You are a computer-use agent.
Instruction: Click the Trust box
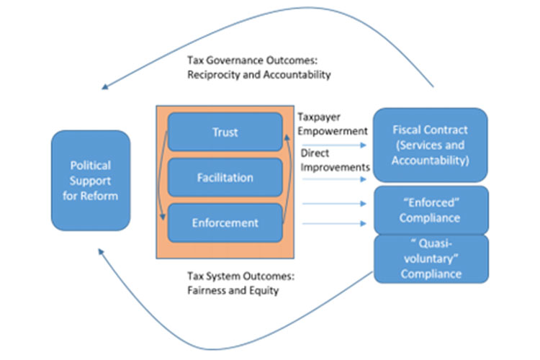pos(225,132)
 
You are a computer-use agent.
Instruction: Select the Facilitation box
pos(225,177)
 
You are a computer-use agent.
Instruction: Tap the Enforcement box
pos(225,222)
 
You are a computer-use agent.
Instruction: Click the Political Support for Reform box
pos(90,180)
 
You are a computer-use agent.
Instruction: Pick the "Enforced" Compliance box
pos(431,209)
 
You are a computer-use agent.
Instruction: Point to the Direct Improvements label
pos(334,160)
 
